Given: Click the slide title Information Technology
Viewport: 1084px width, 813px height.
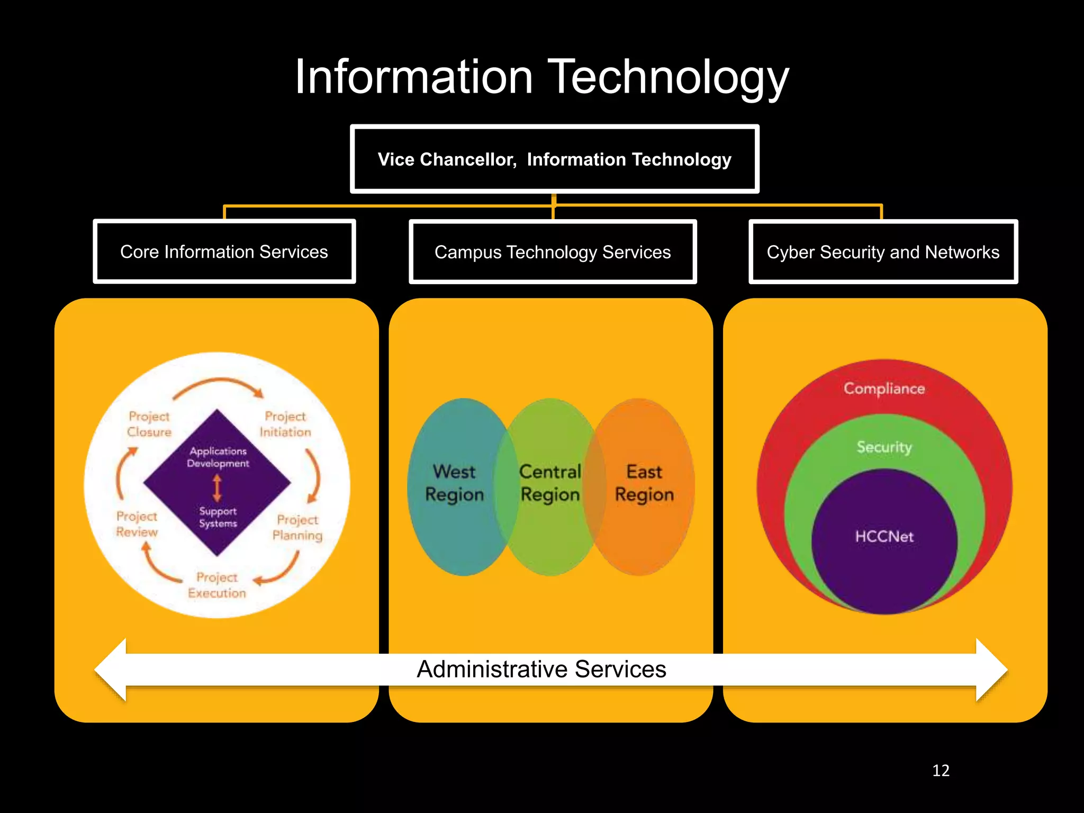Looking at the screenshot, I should (x=541, y=77).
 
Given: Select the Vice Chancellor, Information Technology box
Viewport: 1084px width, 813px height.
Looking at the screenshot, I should (x=554, y=159).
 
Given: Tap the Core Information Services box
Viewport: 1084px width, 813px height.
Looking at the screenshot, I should (x=224, y=252).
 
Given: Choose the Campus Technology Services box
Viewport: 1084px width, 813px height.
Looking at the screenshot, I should (x=553, y=252).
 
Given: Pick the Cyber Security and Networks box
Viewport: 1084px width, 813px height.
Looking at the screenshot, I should (x=883, y=252).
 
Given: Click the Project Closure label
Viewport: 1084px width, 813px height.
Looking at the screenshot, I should (x=149, y=424).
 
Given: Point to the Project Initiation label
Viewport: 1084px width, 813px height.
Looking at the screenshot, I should (x=285, y=424).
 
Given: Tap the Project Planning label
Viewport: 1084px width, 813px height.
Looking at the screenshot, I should (x=297, y=527).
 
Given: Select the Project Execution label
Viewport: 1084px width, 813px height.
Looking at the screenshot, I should (x=217, y=585).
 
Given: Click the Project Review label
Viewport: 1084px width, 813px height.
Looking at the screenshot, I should (x=137, y=524).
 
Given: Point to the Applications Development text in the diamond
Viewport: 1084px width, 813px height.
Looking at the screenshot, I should (x=218, y=457).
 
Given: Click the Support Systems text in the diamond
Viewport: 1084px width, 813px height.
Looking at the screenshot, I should (x=218, y=517).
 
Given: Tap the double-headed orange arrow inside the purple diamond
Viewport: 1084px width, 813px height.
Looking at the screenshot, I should (x=217, y=487).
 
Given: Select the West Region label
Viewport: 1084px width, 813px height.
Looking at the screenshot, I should (x=455, y=483).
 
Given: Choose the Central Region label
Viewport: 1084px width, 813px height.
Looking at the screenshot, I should (x=550, y=483).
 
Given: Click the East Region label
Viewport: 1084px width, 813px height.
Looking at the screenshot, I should (x=644, y=483).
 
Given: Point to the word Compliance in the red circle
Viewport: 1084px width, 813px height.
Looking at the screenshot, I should (x=884, y=389).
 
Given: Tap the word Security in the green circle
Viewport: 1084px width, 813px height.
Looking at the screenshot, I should (x=884, y=447).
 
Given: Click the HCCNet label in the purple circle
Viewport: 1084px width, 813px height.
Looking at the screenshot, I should (x=884, y=537).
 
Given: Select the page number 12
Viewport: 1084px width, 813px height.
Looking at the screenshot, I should (x=941, y=771).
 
